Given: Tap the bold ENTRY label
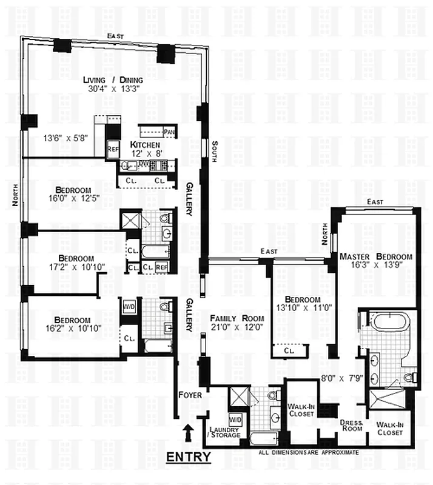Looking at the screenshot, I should pyautogui.click(x=189, y=457).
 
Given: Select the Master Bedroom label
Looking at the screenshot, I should pyautogui.click(x=376, y=256).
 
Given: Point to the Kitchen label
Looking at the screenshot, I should pyautogui.click(x=145, y=145).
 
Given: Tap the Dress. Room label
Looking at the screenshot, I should pyautogui.click(x=351, y=424).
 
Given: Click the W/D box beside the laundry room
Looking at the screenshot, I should pyautogui.click(x=235, y=419).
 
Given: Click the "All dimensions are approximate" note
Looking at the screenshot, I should pyautogui.click(x=309, y=452).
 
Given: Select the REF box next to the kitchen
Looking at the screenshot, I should pyautogui.click(x=113, y=149).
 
